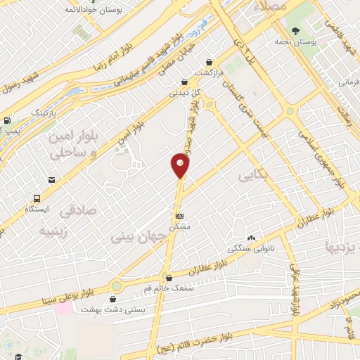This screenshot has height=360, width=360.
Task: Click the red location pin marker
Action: [181, 165]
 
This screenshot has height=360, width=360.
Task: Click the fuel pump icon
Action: [7, 121]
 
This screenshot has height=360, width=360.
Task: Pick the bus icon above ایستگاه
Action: [37, 198]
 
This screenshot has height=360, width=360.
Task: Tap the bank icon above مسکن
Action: [180, 215]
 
